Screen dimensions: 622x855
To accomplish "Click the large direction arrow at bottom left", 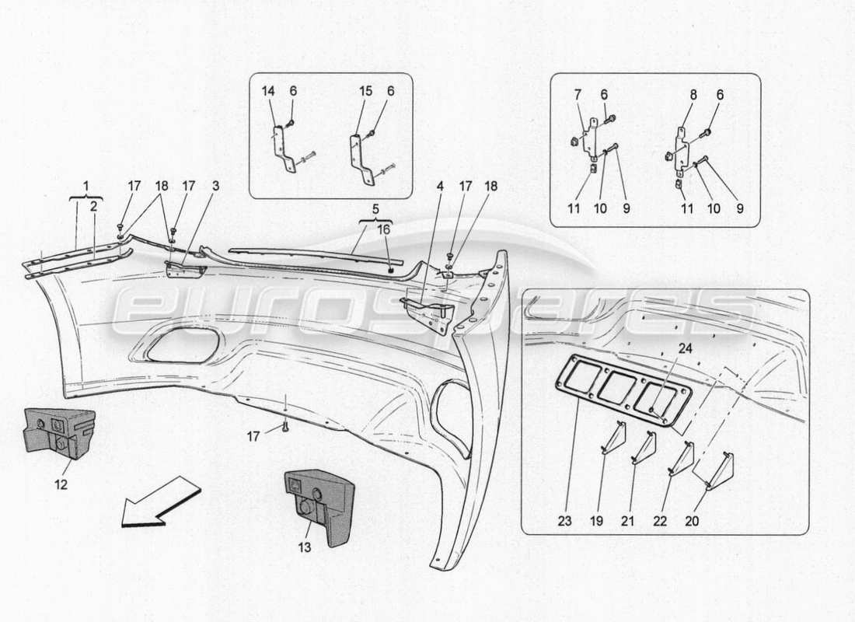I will [161, 502].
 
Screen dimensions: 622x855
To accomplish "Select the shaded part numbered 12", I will [59, 430].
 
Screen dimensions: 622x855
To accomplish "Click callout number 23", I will [564, 520].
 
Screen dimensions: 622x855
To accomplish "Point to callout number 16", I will [385, 229].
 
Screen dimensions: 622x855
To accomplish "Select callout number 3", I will [216, 187].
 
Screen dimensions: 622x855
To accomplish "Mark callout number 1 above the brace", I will [86, 186].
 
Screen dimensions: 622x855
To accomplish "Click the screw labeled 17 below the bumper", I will [285, 425].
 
